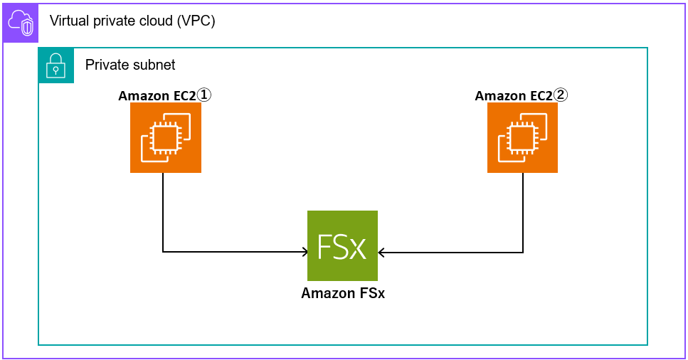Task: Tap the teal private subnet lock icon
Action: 56,65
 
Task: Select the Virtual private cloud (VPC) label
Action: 132,21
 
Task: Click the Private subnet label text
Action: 130,65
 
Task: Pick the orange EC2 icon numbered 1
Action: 165,137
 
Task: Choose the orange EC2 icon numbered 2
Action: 522,137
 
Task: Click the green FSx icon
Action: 342,245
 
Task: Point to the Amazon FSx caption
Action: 342,293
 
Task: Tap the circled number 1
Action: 204,95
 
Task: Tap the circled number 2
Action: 561,95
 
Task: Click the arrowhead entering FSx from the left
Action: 305,251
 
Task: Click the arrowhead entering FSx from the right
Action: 381,251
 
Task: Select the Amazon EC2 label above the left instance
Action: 157,96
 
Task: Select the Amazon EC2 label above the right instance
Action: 514,96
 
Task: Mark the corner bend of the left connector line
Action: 164,251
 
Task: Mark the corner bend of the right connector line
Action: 523,251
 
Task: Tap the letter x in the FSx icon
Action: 358,248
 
